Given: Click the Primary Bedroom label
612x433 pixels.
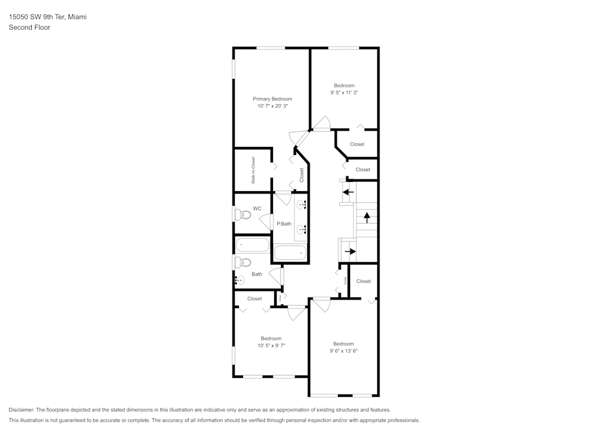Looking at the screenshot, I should [272, 99].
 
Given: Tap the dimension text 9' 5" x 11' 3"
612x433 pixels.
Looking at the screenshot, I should [343, 93].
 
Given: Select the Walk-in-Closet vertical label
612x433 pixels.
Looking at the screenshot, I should [253, 170].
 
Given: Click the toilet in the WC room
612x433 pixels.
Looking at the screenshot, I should [241, 214].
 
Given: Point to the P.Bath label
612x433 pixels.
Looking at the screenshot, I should [283, 224].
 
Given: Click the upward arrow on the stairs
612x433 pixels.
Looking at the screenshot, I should [367, 216].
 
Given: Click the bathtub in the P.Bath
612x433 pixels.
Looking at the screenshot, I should [289, 252].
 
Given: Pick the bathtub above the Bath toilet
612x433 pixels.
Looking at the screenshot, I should [252, 245].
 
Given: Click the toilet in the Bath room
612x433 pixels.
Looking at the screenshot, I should [242, 262].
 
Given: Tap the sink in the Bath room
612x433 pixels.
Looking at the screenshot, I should [239, 281].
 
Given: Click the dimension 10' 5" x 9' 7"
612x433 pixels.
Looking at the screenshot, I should [271, 345].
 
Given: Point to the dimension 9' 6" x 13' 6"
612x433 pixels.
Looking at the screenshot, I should [343, 351].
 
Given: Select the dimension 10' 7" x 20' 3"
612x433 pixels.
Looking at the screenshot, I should [272, 106].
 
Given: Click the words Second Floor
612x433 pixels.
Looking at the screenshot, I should [29, 28].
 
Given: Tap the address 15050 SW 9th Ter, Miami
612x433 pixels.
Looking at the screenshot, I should [47, 17].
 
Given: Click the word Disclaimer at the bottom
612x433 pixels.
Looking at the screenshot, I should [21, 410].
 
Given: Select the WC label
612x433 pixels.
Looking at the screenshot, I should [257, 208].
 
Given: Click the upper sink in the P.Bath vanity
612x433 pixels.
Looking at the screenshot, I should [302, 204].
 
